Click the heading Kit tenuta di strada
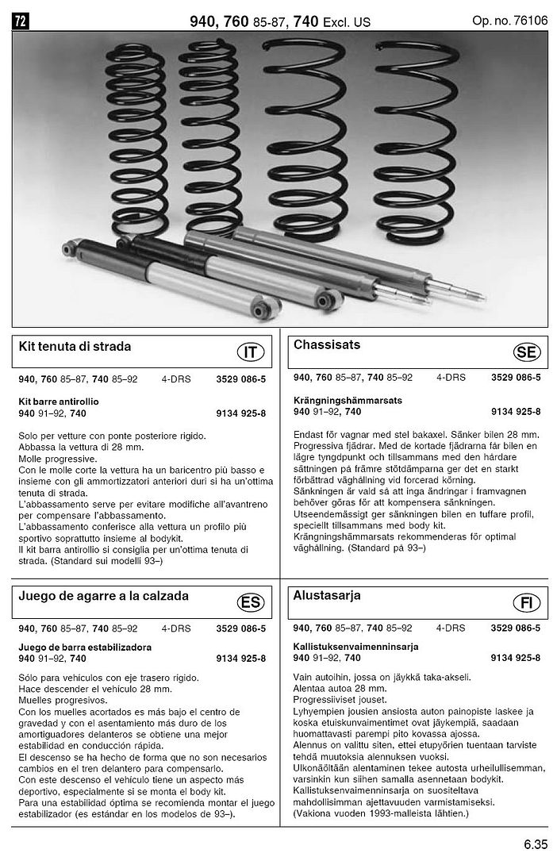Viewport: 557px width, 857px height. pyautogui.click(x=75, y=347)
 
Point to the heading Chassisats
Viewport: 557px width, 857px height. pyautogui.click(x=327, y=345)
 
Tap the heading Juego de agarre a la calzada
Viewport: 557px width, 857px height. pyautogui.click(x=103, y=596)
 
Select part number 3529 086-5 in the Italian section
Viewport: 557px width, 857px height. pyautogui.click(x=241, y=379)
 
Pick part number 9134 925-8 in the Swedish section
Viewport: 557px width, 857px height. pyautogui.click(x=516, y=411)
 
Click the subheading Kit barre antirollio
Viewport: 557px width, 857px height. pyautogui.click(x=58, y=402)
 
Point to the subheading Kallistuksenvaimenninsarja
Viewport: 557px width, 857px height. pyautogui.click(x=355, y=647)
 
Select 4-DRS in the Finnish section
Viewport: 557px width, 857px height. pyautogui.click(x=451, y=628)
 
